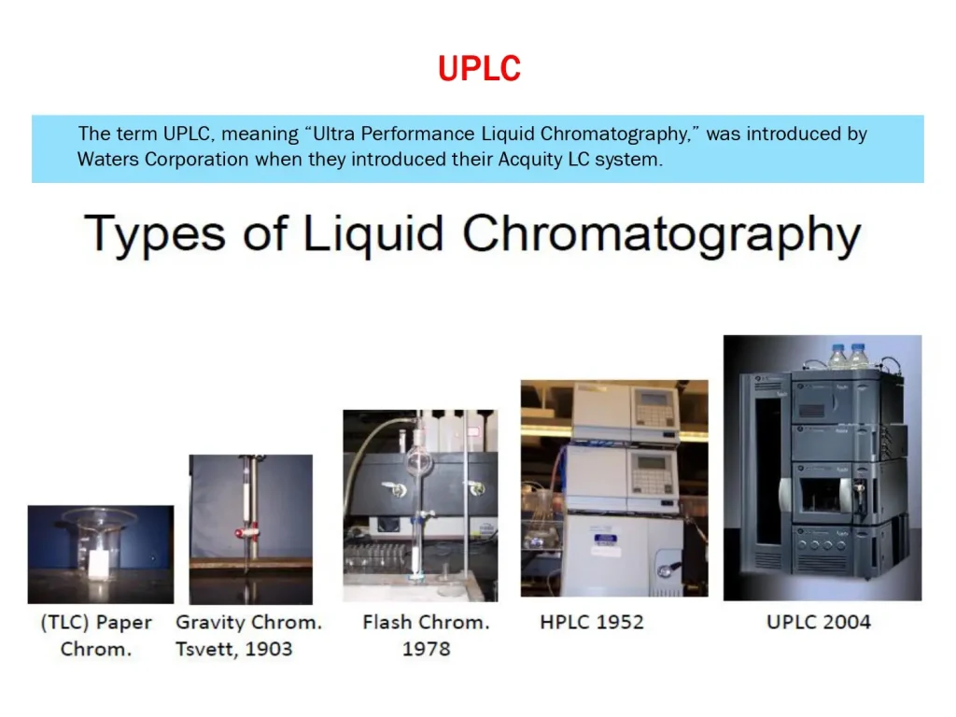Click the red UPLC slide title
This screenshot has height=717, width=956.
(x=479, y=68)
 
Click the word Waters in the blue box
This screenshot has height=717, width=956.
(x=108, y=159)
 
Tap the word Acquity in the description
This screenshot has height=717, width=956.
(x=529, y=159)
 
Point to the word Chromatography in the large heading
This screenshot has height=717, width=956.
(x=661, y=235)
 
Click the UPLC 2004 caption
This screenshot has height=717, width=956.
(x=819, y=622)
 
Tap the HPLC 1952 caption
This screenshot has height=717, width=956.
(x=592, y=622)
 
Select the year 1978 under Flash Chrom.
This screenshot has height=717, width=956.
(x=426, y=648)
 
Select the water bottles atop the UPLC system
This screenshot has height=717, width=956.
(x=849, y=356)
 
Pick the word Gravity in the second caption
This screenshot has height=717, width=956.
(x=210, y=622)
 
